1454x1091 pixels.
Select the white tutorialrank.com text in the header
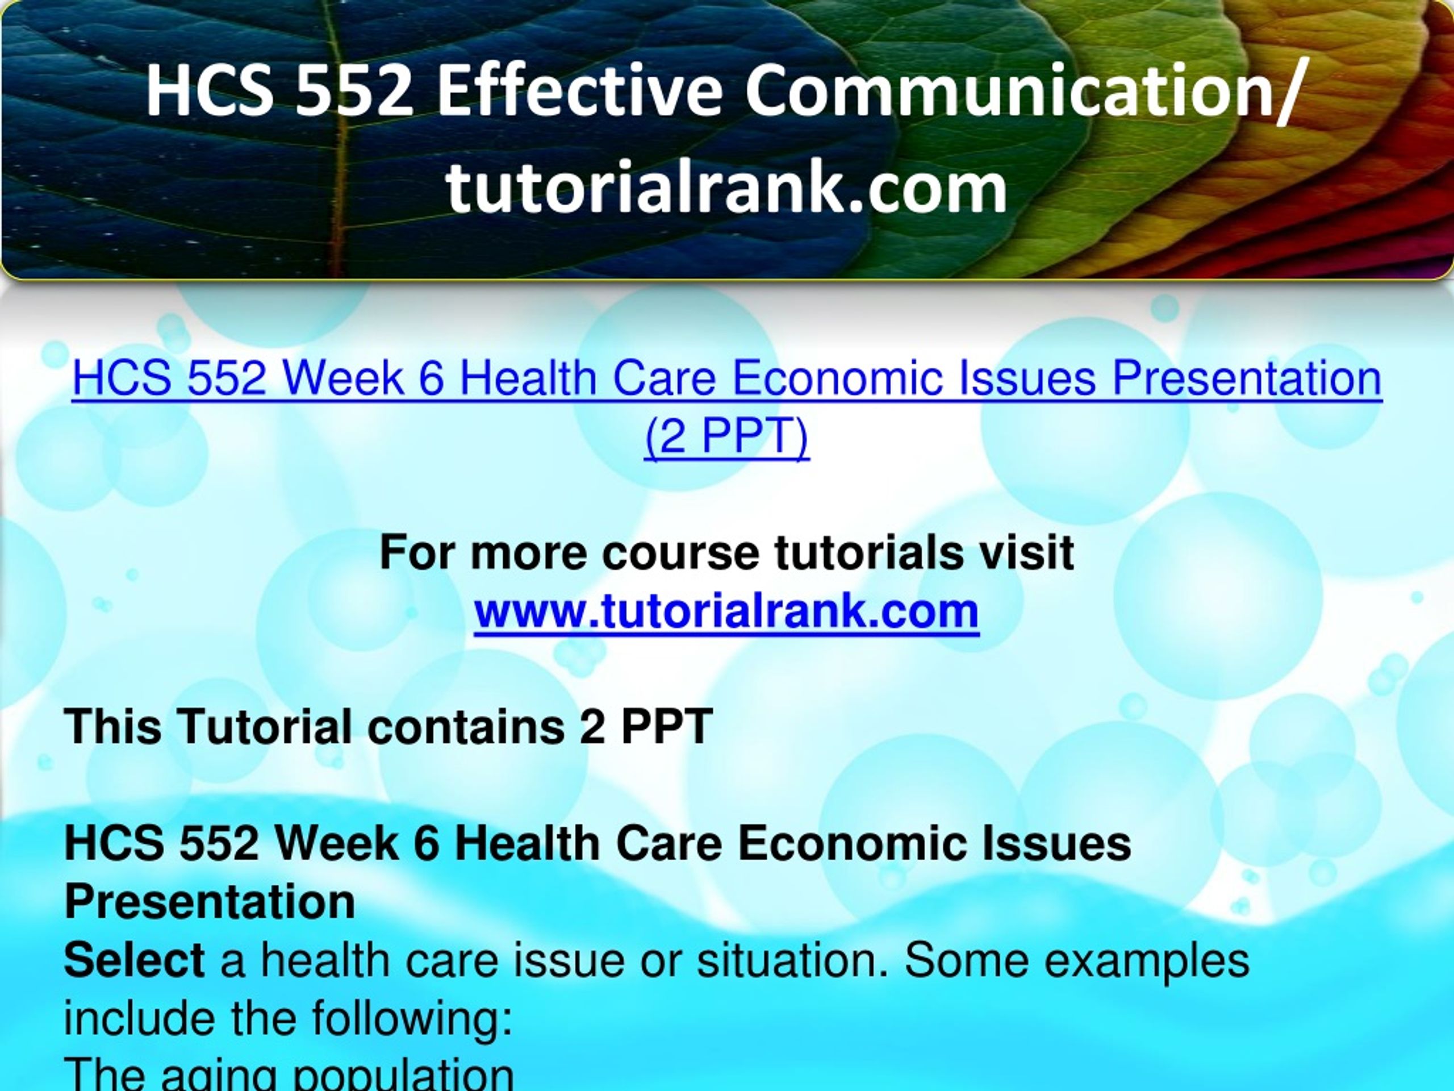[726, 189]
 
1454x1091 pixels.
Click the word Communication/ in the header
[1022, 91]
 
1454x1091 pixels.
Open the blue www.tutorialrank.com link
[726, 611]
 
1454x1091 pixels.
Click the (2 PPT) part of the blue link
[726, 436]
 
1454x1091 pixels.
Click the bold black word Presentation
[210, 902]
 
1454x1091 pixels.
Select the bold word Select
[134, 960]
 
